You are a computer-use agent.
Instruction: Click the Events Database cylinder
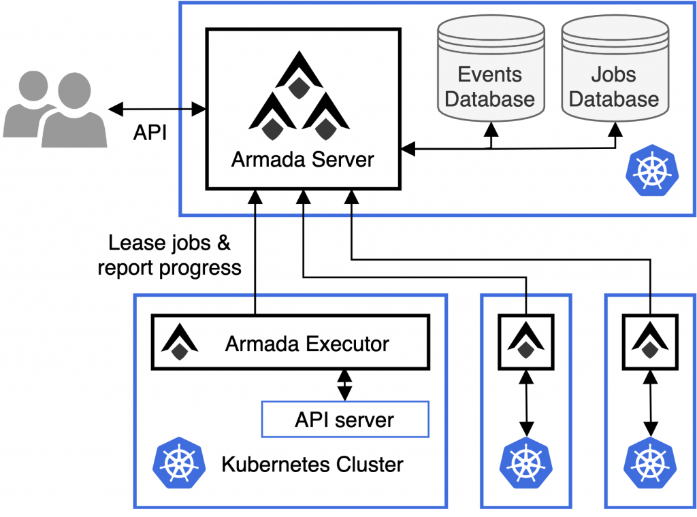click(x=489, y=75)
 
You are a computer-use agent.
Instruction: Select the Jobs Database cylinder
click(x=614, y=75)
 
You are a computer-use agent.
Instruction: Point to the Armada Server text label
click(x=302, y=160)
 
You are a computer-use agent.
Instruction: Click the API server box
click(x=344, y=419)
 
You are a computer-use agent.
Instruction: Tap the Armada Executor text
click(x=307, y=344)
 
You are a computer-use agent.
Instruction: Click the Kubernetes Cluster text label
click(x=312, y=465)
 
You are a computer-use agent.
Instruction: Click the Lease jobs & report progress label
click(x=169, y=255)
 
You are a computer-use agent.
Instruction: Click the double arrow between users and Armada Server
click(x=157, y=108)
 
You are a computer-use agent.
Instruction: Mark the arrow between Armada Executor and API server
click(x=344, y=385)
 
